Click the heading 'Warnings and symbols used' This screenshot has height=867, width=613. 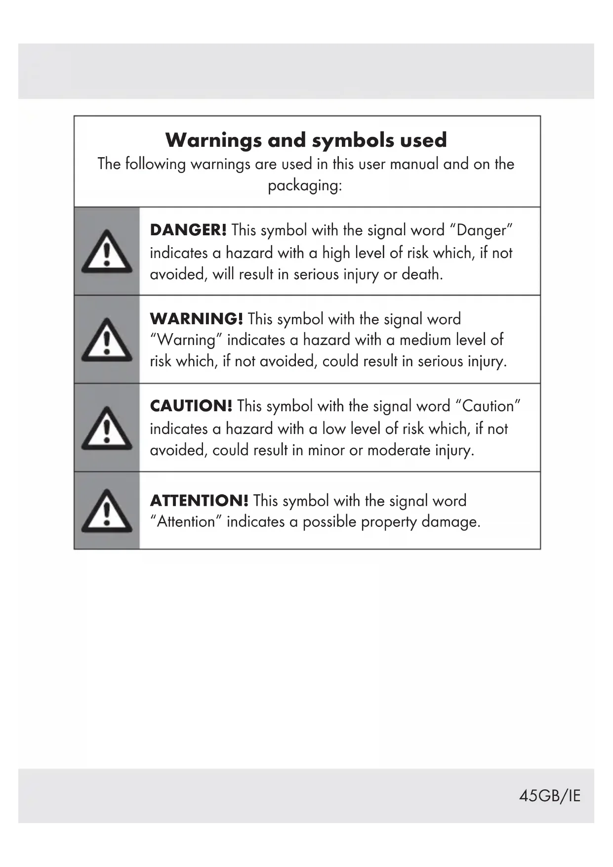pyautogui.click(x=306, y=140)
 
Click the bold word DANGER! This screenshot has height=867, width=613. pyautogui.click(x=188, y=230)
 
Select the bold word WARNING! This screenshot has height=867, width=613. pyautogui.click(x=196, y=319)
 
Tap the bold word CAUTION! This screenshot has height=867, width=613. pyautogui.click(x=191, y=406)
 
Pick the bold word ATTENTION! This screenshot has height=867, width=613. pyautogui.click(x=199, y=500)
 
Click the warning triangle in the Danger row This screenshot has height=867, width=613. pyautogui.click(x=107, y=252)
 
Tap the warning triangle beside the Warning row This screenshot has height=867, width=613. pyautogui.click(x=107, y=340)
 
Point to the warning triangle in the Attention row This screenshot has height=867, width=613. pyautogui.click(x=107, y=511)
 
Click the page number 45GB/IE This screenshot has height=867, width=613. pyautogui.click(x=549, y=796)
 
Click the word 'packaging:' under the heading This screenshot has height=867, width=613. pyautogui.click(x=305, y=186)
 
